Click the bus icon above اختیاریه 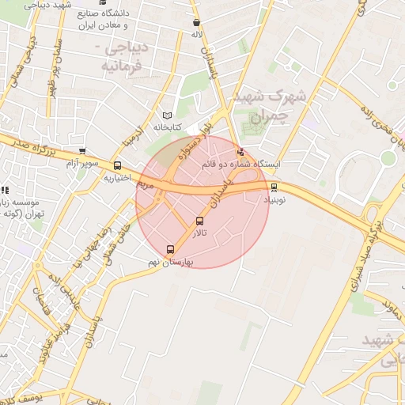pyautogui.click(x=118, y=166)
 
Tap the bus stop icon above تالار pyautogui.click(x=199, y=221)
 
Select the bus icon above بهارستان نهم pyautogui.click(x=172, y=250)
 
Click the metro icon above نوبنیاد pyautogui.click(x=274, y=187)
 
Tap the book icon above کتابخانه pyautogui.click(x=166, y=115)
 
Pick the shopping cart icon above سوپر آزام pyautogui.click(x=82, y=152)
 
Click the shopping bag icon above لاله pyautogui.click(x=196, y=23)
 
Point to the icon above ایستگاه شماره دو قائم pyautogui.click(x=241, y=153)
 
